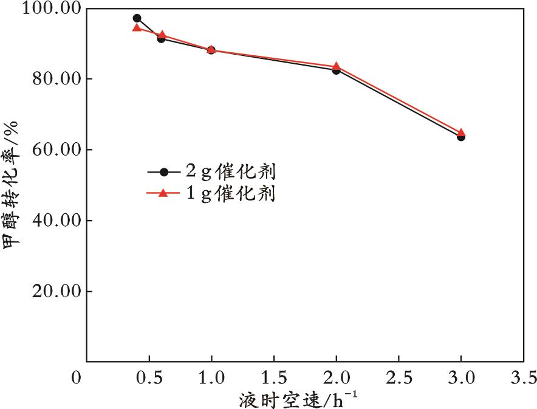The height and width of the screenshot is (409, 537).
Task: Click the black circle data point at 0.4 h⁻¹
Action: (137, 18)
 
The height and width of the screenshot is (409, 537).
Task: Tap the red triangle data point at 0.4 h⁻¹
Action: (137, 28)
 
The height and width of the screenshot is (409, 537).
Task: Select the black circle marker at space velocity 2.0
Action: (336, 70)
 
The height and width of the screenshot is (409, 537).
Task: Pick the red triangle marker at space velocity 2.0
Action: (336, 66)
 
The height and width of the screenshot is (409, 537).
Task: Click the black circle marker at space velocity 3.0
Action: (461, 137)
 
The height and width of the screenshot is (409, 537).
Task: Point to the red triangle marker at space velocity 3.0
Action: (461, 132)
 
